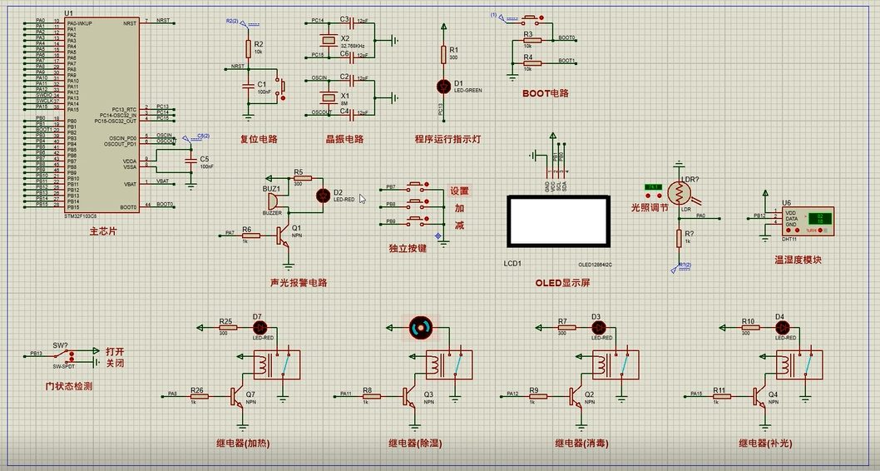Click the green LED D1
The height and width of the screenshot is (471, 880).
[442, 86]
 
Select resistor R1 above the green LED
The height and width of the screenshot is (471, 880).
[442, 55]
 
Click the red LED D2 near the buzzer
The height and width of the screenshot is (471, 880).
[324, 196]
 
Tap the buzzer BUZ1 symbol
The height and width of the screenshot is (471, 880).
[273, 202]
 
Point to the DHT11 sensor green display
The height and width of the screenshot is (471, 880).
[820, 219]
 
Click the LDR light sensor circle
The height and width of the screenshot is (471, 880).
[680, 193]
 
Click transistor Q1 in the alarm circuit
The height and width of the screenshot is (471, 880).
[285, 235]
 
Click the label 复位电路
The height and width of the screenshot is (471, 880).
[259, 140]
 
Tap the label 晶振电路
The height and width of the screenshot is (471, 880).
[344, 140]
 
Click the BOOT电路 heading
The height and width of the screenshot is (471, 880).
[545, 93]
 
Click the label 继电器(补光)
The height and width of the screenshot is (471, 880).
[765, 444]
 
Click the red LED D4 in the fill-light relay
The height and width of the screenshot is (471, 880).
[780, 328]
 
